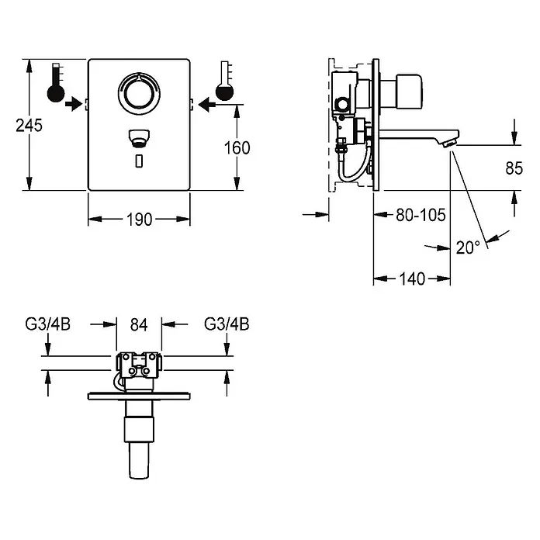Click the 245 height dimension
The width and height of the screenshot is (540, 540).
point(29,126)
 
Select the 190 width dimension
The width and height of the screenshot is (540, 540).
point(139,220)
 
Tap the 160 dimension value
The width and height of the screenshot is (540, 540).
point(237,148)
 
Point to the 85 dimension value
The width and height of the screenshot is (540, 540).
point(514,168)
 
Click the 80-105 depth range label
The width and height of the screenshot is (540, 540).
point(421,215)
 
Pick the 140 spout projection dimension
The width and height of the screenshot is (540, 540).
point(412,279)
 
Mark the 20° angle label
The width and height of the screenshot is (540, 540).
point(468,247)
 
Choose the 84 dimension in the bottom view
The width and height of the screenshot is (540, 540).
point(139,325)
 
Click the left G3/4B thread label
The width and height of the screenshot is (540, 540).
point(48,324)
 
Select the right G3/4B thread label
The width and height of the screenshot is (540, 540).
point(227,324)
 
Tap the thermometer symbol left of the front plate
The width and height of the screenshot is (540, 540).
point(56,82)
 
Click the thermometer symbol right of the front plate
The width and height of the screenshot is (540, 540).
point(224,81)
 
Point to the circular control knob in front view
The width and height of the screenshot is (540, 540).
point(139,93)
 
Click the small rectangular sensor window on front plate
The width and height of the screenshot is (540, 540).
point(139,161)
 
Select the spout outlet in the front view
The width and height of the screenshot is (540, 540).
point(139,138)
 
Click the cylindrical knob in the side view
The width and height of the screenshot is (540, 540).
point(409,92)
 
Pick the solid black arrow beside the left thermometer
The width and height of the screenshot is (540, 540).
point(74,104)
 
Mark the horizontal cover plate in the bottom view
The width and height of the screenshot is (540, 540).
point(139,396)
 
